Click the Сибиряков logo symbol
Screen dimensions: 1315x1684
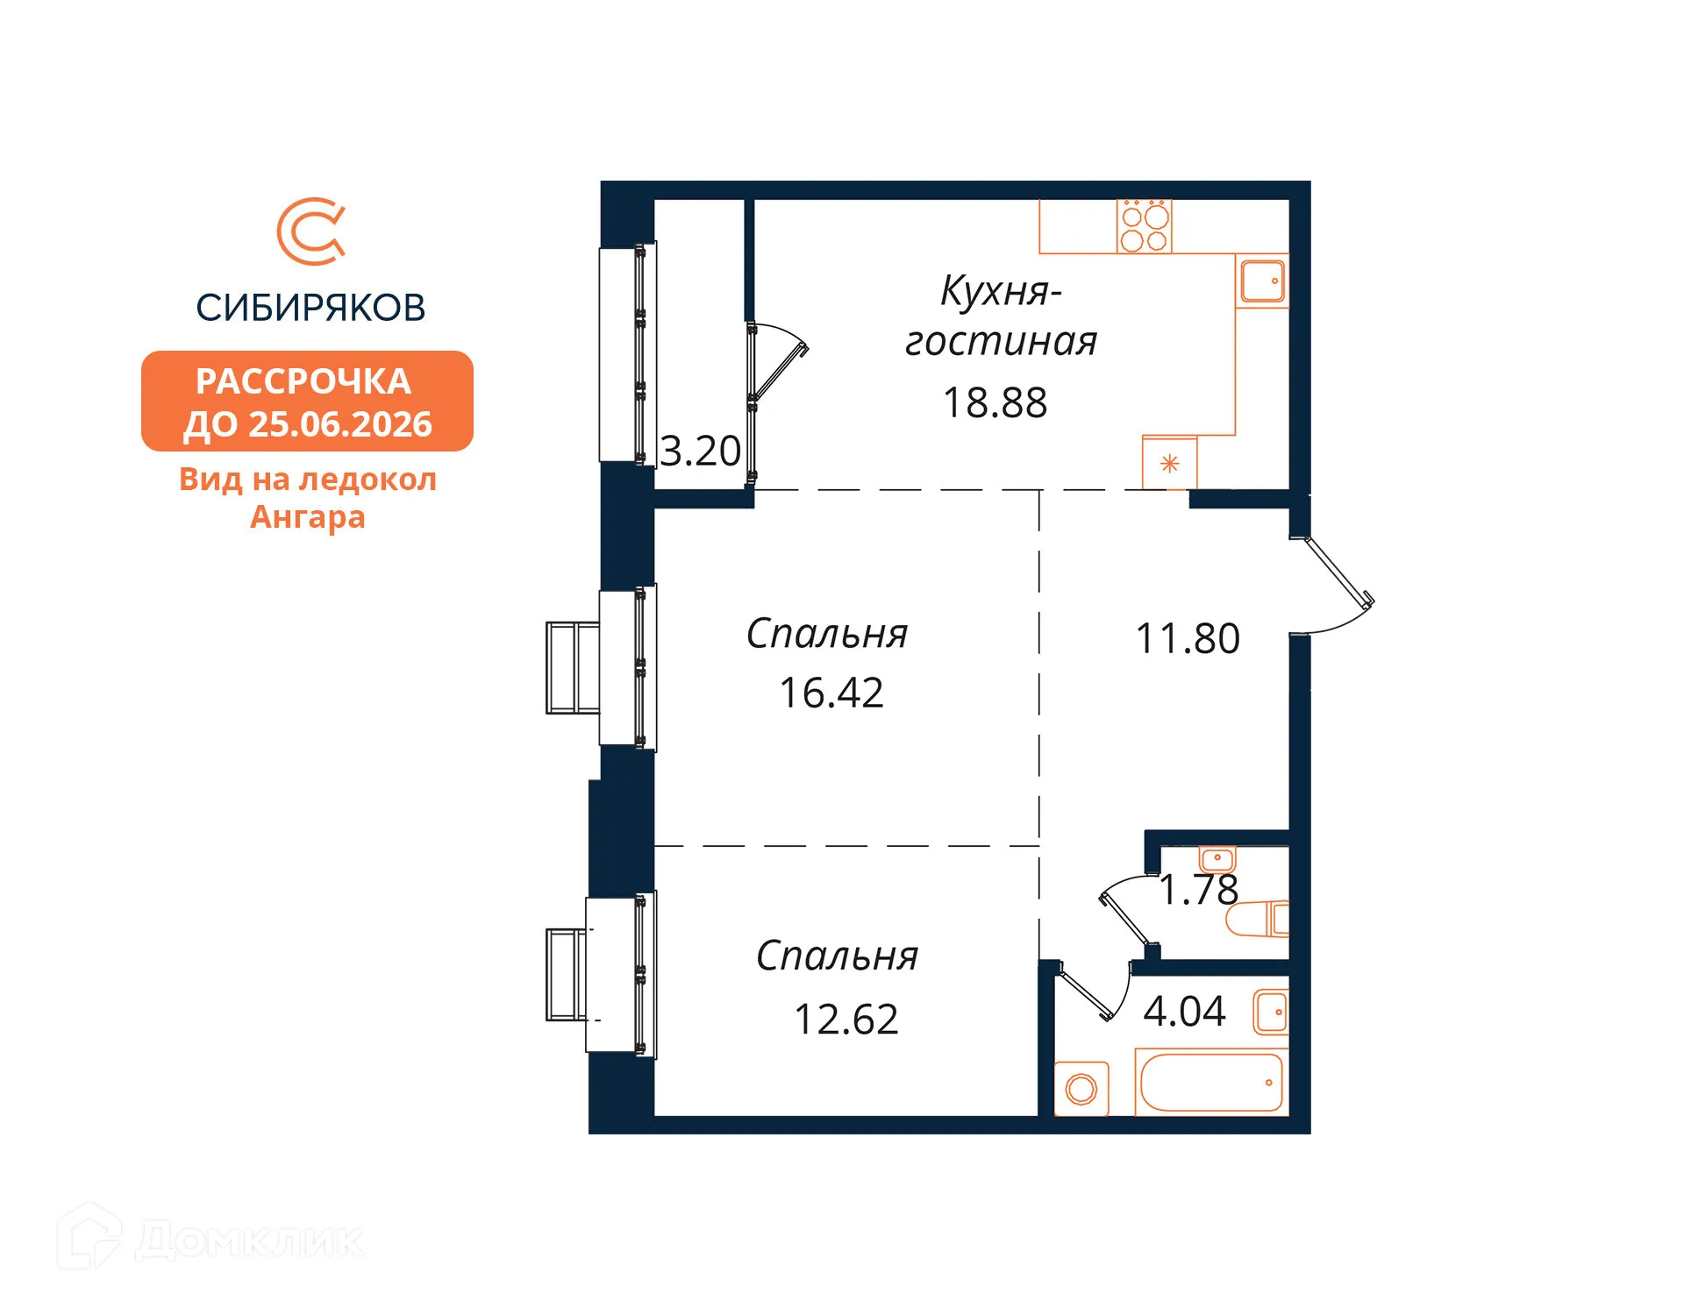[310, 231]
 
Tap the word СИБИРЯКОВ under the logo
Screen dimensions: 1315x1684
[310, 308]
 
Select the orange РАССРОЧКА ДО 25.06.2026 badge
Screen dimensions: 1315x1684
[307, 402]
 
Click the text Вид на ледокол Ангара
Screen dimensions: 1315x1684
[307, 498]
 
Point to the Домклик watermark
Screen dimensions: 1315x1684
[210, 1239]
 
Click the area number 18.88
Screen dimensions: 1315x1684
[995, 403]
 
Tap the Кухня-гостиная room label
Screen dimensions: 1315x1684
[1000, 316]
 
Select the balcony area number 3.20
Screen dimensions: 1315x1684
[700, 451]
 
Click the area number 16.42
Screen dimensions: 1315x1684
[831, 693]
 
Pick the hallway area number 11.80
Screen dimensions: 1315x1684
[1187, 639]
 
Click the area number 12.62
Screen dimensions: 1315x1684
[846, 1020]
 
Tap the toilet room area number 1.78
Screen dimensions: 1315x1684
[1198, 890]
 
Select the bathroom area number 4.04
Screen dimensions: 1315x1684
[1183, 1012]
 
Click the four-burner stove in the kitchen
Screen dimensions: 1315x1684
[1145, 226]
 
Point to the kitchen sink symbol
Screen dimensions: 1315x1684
[1262, 281]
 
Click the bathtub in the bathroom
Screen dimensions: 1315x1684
[1211, 1083]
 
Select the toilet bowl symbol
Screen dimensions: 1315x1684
[1256, 920]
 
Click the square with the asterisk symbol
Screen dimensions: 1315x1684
[1169, 463]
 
